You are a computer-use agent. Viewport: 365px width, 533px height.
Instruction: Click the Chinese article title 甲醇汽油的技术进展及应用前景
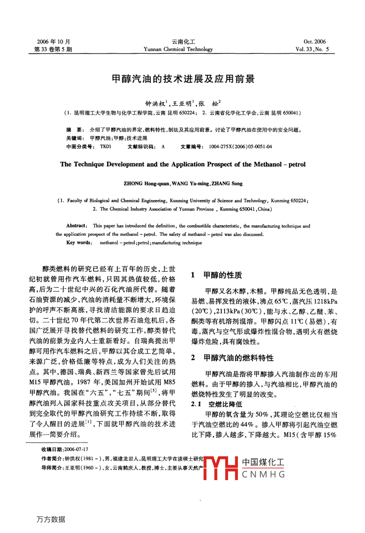(183, 79)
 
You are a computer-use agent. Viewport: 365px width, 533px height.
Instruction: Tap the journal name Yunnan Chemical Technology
(178, 49)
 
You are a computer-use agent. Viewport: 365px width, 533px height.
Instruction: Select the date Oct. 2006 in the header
(315, 42)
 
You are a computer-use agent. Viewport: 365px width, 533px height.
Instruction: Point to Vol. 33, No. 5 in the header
(312, 49)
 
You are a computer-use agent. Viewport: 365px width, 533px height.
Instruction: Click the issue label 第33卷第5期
(51, 49)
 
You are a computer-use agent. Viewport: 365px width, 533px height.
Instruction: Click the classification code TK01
(105, 147)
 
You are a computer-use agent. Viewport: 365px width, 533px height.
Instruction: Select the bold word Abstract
(76, 226)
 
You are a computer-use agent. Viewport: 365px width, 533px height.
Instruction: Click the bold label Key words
(78, 243)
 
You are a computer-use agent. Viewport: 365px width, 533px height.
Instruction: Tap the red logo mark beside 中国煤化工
(221, 468)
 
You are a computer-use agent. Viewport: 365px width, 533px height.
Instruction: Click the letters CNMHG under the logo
(263, 474)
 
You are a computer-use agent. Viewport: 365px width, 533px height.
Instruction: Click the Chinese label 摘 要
(75, 130)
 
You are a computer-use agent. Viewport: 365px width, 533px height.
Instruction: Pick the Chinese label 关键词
(75, 138)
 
